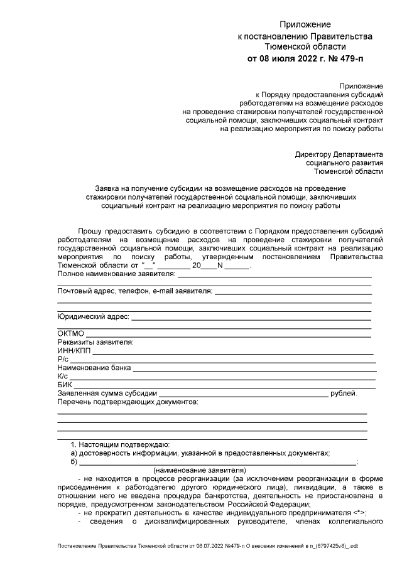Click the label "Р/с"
pyautogui.click(x=63, y=359)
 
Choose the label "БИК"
pyautogui.click(x=65, y=385)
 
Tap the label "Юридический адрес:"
pyautogui.click(x=93, y=316)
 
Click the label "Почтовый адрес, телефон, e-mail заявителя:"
pyautogui.click(x=134, y=291)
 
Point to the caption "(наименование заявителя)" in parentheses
pyautogui.click(x=200, y=469)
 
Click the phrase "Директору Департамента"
pyautogui.click(x=339, y=154)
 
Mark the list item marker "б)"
pyautogui.click(x=74, y=461)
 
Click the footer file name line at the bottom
pyautogui.click(x=207, y=547)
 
